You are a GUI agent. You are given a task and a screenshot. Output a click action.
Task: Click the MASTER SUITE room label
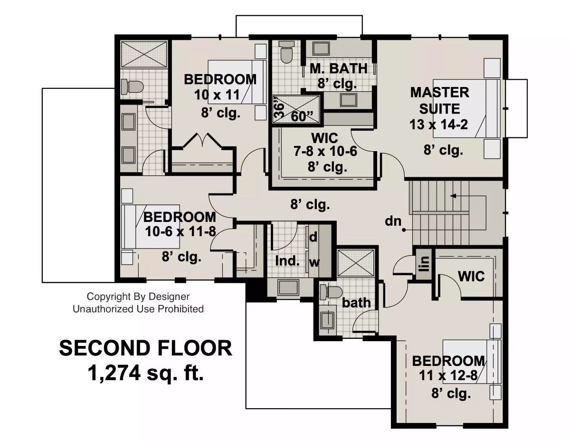click(439, 100)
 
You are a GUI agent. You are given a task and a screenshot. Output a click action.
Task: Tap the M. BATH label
click(338, 68)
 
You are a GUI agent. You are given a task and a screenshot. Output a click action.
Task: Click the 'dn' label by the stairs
click(393, 221)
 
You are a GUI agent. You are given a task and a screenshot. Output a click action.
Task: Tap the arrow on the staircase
click(454, 195)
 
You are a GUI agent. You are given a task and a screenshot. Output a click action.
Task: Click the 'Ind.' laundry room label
click(287, 260)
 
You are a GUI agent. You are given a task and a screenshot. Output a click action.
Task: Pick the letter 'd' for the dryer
click(313, 236)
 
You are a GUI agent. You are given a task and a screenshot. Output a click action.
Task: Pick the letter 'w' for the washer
click(313, 262)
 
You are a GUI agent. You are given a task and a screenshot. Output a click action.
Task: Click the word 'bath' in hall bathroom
click(356, 302)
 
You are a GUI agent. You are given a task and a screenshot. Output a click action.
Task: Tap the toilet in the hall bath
click(331, 291)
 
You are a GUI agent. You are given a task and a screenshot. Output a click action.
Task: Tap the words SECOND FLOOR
click(145, 348)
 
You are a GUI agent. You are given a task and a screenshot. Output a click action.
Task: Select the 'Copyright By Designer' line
click(138, 297)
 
